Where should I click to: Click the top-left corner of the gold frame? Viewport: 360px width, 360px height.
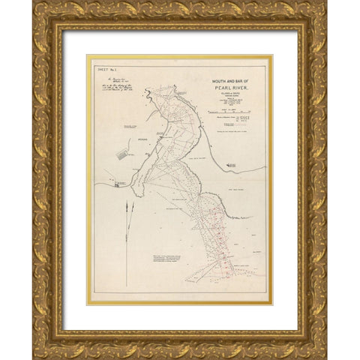[34, 2]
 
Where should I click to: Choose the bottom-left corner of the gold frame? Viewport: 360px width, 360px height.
[34, 358]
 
